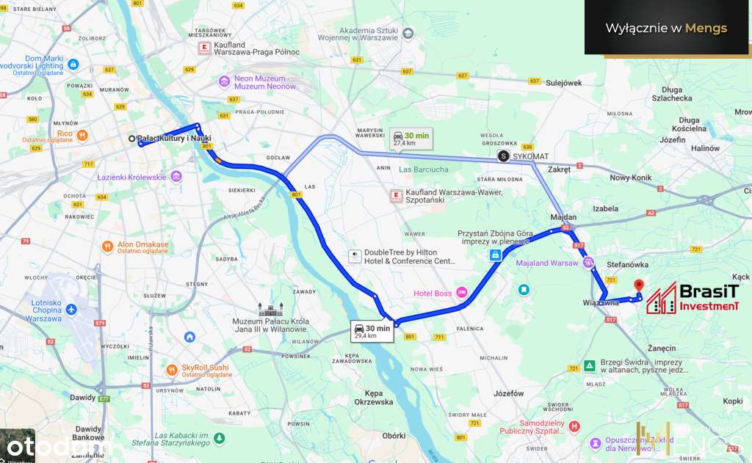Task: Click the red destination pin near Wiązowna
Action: point(637,286)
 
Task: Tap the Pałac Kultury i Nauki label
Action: point(174,139)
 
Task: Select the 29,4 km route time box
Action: point(372,331)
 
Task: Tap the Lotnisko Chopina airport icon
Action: point(72,310)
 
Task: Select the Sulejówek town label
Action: point(564,83)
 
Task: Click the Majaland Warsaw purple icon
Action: point(587,263)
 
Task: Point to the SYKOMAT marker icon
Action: point(503,156)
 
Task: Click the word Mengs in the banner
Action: point(706,29)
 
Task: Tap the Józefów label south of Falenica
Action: point(509,393)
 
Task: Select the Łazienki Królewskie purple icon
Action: point(176,177)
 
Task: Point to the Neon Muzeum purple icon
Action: point(225,81)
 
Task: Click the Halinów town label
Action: point(706,148)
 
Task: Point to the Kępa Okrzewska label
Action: point(373,397)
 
